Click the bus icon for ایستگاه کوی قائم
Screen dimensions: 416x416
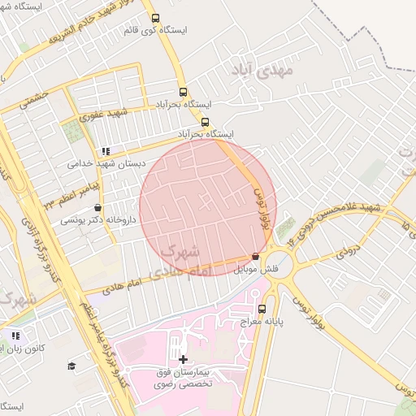click(155, 17)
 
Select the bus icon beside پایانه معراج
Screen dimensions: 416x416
click(262, 309)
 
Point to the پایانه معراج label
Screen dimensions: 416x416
click(262, 323)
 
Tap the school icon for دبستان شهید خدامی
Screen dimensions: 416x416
click(106, 150)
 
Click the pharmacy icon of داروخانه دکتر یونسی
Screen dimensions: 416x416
click(97, 207)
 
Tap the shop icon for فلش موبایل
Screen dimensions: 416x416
click(257, 255)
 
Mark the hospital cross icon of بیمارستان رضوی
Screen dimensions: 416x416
click(183, 359)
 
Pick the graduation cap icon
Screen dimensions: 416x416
click(71, 366)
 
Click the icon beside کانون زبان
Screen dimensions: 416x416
click(15, 336)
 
